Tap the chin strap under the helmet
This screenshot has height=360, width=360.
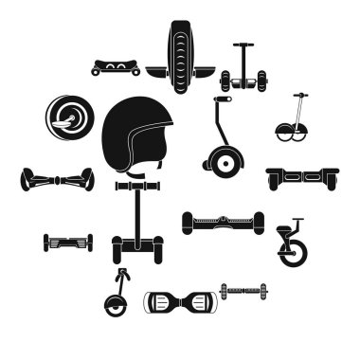click(x=142, y=174)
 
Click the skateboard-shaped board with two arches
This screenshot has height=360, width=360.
click(x=116, y=67)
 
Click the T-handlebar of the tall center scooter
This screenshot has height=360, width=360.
click(x=138, y=188)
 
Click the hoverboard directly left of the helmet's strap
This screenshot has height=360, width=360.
click(x=57, y=179)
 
